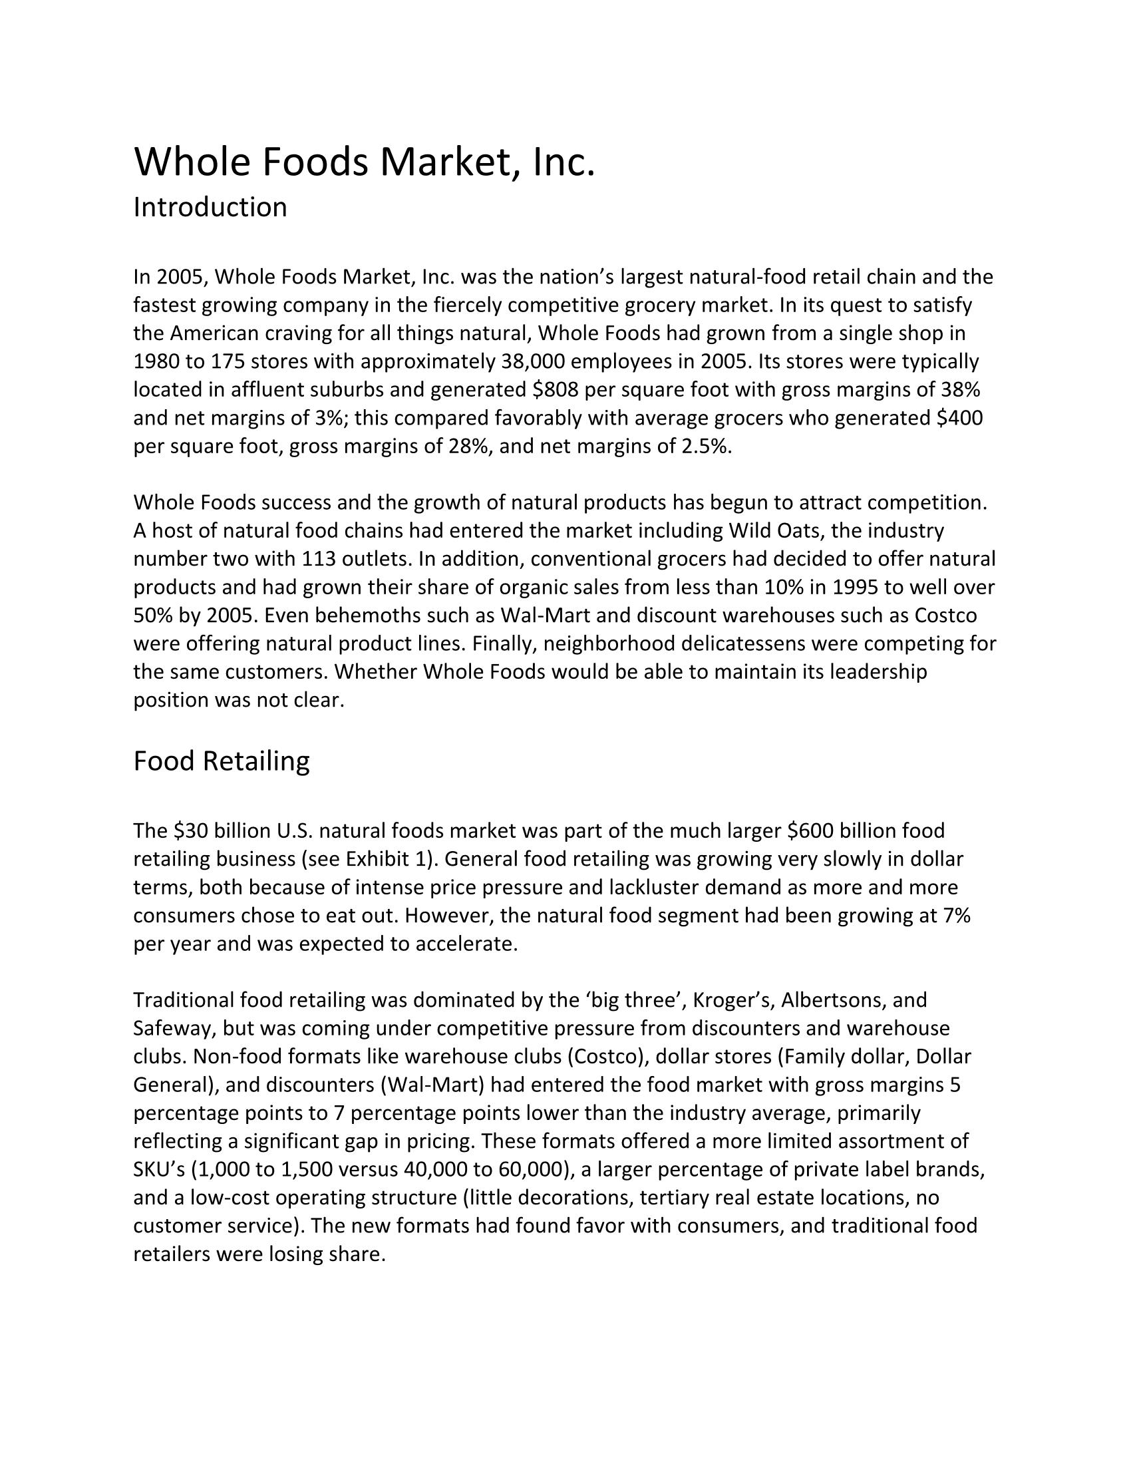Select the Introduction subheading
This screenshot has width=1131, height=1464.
(210, 207)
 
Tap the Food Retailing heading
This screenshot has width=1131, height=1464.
(221, 761)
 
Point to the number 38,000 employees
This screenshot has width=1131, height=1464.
(533, 361)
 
